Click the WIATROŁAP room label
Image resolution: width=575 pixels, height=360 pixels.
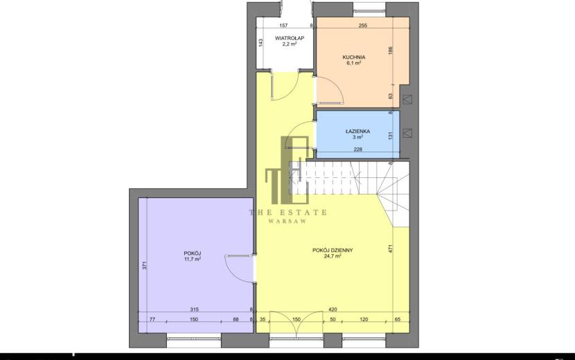click(x=290, y=38)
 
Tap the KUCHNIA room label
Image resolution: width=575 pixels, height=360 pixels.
click(x=353, y=57)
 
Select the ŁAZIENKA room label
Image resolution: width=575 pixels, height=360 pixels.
click(x=357, y=132)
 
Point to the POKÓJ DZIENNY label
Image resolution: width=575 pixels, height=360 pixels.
click(x=333, y=251)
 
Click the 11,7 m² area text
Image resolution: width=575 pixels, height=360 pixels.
click(x=193, y=259)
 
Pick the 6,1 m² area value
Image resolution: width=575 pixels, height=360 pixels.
click(x=353, y=63)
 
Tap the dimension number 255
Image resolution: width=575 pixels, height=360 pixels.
click(x=363, y=26)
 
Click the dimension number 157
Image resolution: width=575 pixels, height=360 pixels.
click(x=283, y=26)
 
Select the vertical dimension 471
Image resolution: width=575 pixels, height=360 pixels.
click(x=391, y=249)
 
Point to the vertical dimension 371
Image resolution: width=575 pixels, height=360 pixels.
click(x=145, y=265)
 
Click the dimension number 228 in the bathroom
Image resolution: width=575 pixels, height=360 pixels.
click(x=358, y=150)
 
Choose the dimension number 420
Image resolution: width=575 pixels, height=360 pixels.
click(x=333, y=309)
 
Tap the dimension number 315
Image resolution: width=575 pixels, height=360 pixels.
click(x=194, y=309)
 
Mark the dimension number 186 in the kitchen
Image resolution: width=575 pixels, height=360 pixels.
click(x=391, y=51)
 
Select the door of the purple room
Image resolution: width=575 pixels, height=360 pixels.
click(x=239, y=269)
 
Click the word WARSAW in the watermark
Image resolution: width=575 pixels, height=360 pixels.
click(x=288, y=222)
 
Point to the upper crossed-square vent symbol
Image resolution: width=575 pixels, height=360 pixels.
click(x=407, y=99)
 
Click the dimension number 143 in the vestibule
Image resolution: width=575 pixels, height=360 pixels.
click(x=260, y=43)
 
